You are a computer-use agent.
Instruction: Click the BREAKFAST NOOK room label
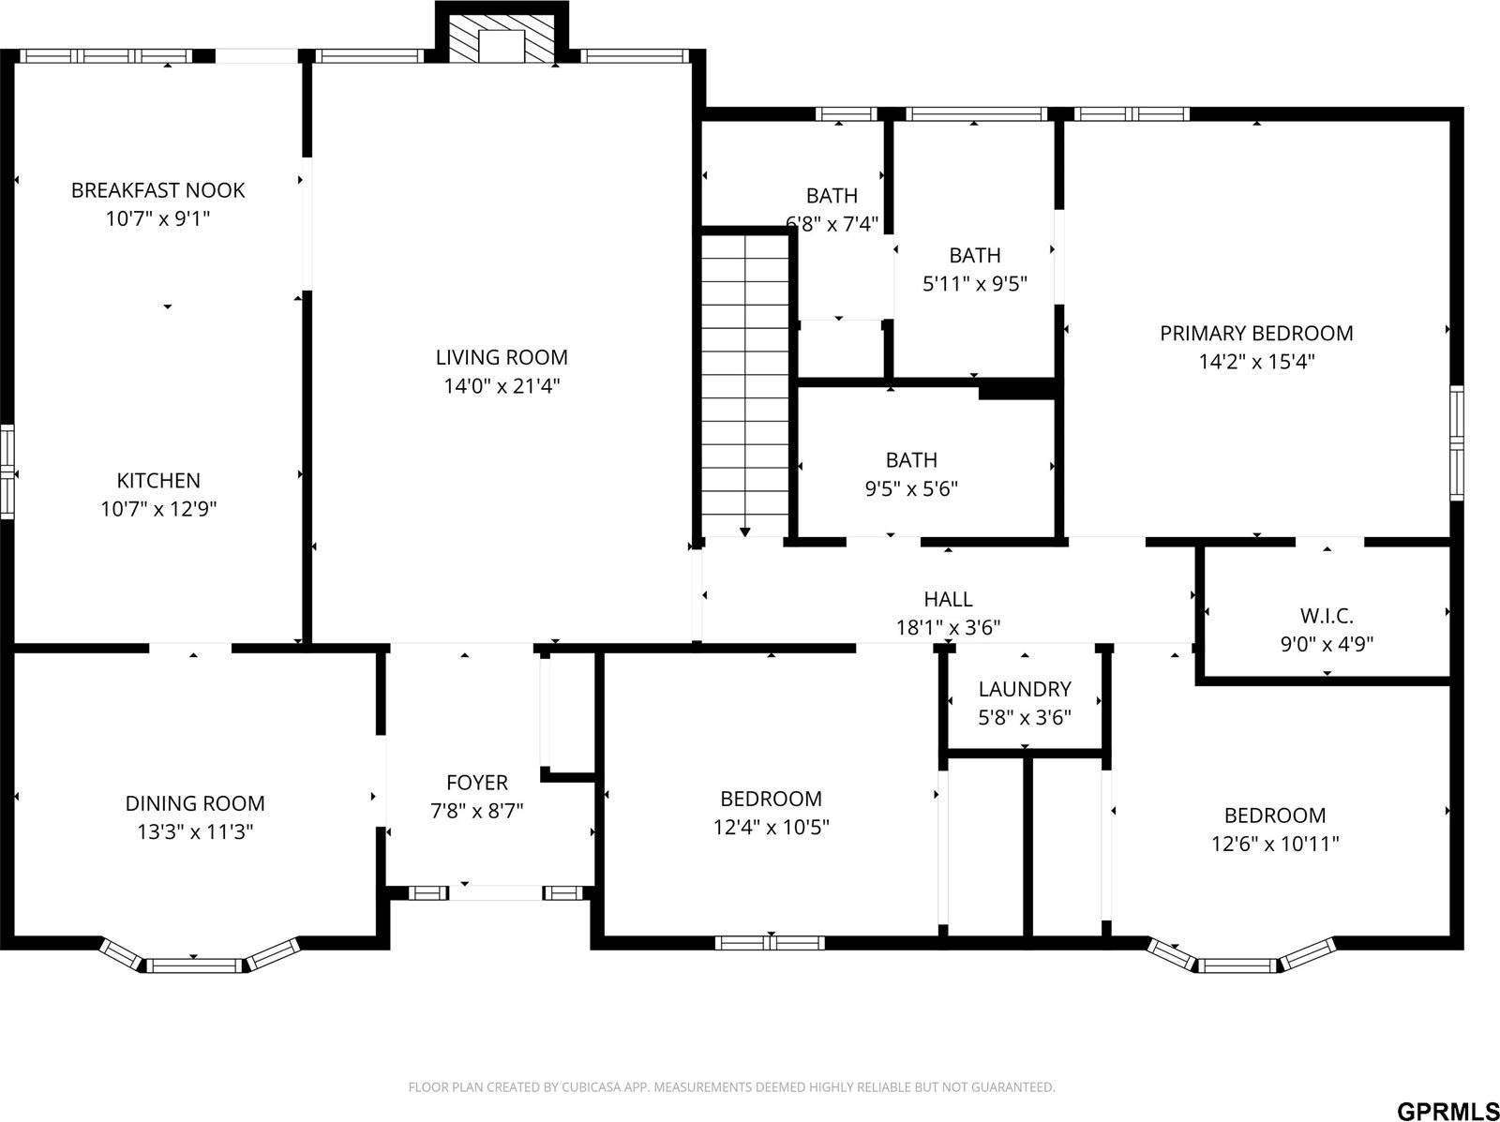tap(157, 190)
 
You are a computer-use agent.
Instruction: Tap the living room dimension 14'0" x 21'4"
tap(502, 385)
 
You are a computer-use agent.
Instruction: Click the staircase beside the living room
tap(744, 384)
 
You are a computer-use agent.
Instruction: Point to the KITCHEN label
tap(157, 481)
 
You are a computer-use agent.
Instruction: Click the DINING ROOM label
tap(195, 803)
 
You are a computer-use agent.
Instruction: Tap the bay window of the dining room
tap(195, 964)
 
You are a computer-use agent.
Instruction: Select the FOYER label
tap(476, 783)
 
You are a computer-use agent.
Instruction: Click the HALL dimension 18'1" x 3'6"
tap(948, 627)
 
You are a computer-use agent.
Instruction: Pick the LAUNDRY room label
tap(1024, 689)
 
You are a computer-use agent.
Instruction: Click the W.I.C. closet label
tap(1326, 616)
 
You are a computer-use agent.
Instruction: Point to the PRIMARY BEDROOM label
tap(1256, 333)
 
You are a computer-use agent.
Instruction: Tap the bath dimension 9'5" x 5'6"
tap(910, 488)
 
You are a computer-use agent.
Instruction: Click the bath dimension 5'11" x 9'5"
tap(975, 284)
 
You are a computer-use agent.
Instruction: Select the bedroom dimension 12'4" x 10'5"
tap(771, 827)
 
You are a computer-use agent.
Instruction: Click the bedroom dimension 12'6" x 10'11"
tap(1275, 844)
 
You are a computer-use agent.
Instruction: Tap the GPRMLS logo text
tap(1447, 1110)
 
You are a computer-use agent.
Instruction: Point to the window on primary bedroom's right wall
tap(1456, 442)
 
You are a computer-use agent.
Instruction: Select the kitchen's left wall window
tap(7, 471)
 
